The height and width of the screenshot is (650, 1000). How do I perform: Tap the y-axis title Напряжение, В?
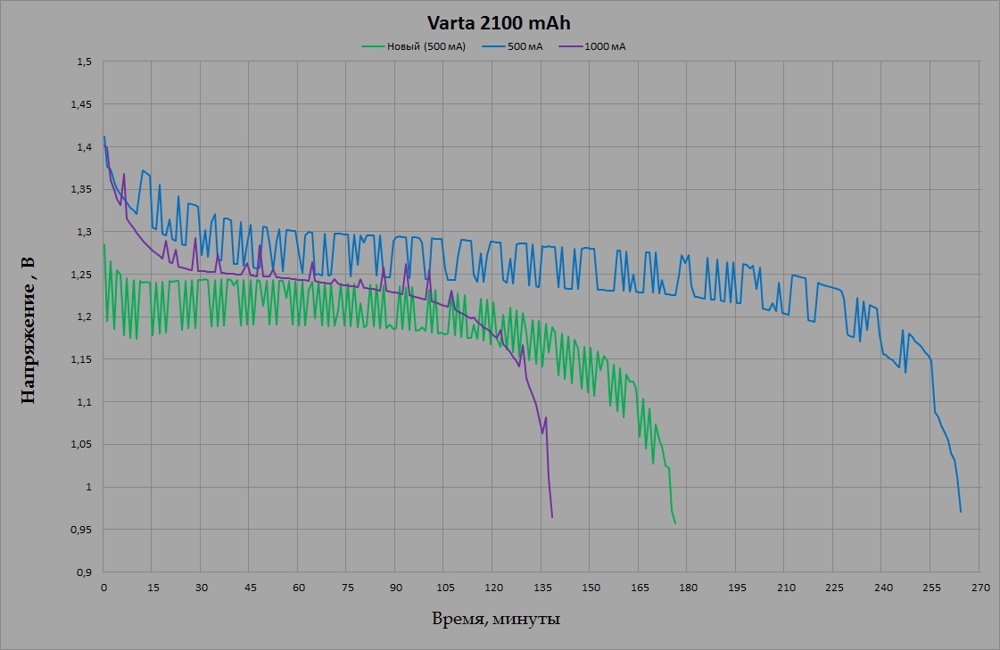(29, 328)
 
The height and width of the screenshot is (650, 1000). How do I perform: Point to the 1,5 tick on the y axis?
(85, 62)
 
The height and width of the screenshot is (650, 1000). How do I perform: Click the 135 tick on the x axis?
(541, 588)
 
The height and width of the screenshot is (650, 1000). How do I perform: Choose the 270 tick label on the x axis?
(979, 588)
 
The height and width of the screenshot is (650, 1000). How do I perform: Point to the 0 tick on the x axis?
(103, 588)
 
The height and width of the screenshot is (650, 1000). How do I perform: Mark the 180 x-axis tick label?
(688, 588)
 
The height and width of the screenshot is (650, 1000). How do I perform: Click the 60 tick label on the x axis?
(298, 588)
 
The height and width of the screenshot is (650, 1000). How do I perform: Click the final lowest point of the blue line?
(961, 512)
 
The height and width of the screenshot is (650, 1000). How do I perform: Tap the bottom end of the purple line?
(552, 517)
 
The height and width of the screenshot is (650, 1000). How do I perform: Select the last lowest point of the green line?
(675, 523)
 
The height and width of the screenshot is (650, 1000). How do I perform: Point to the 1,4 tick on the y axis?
(85, 147)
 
